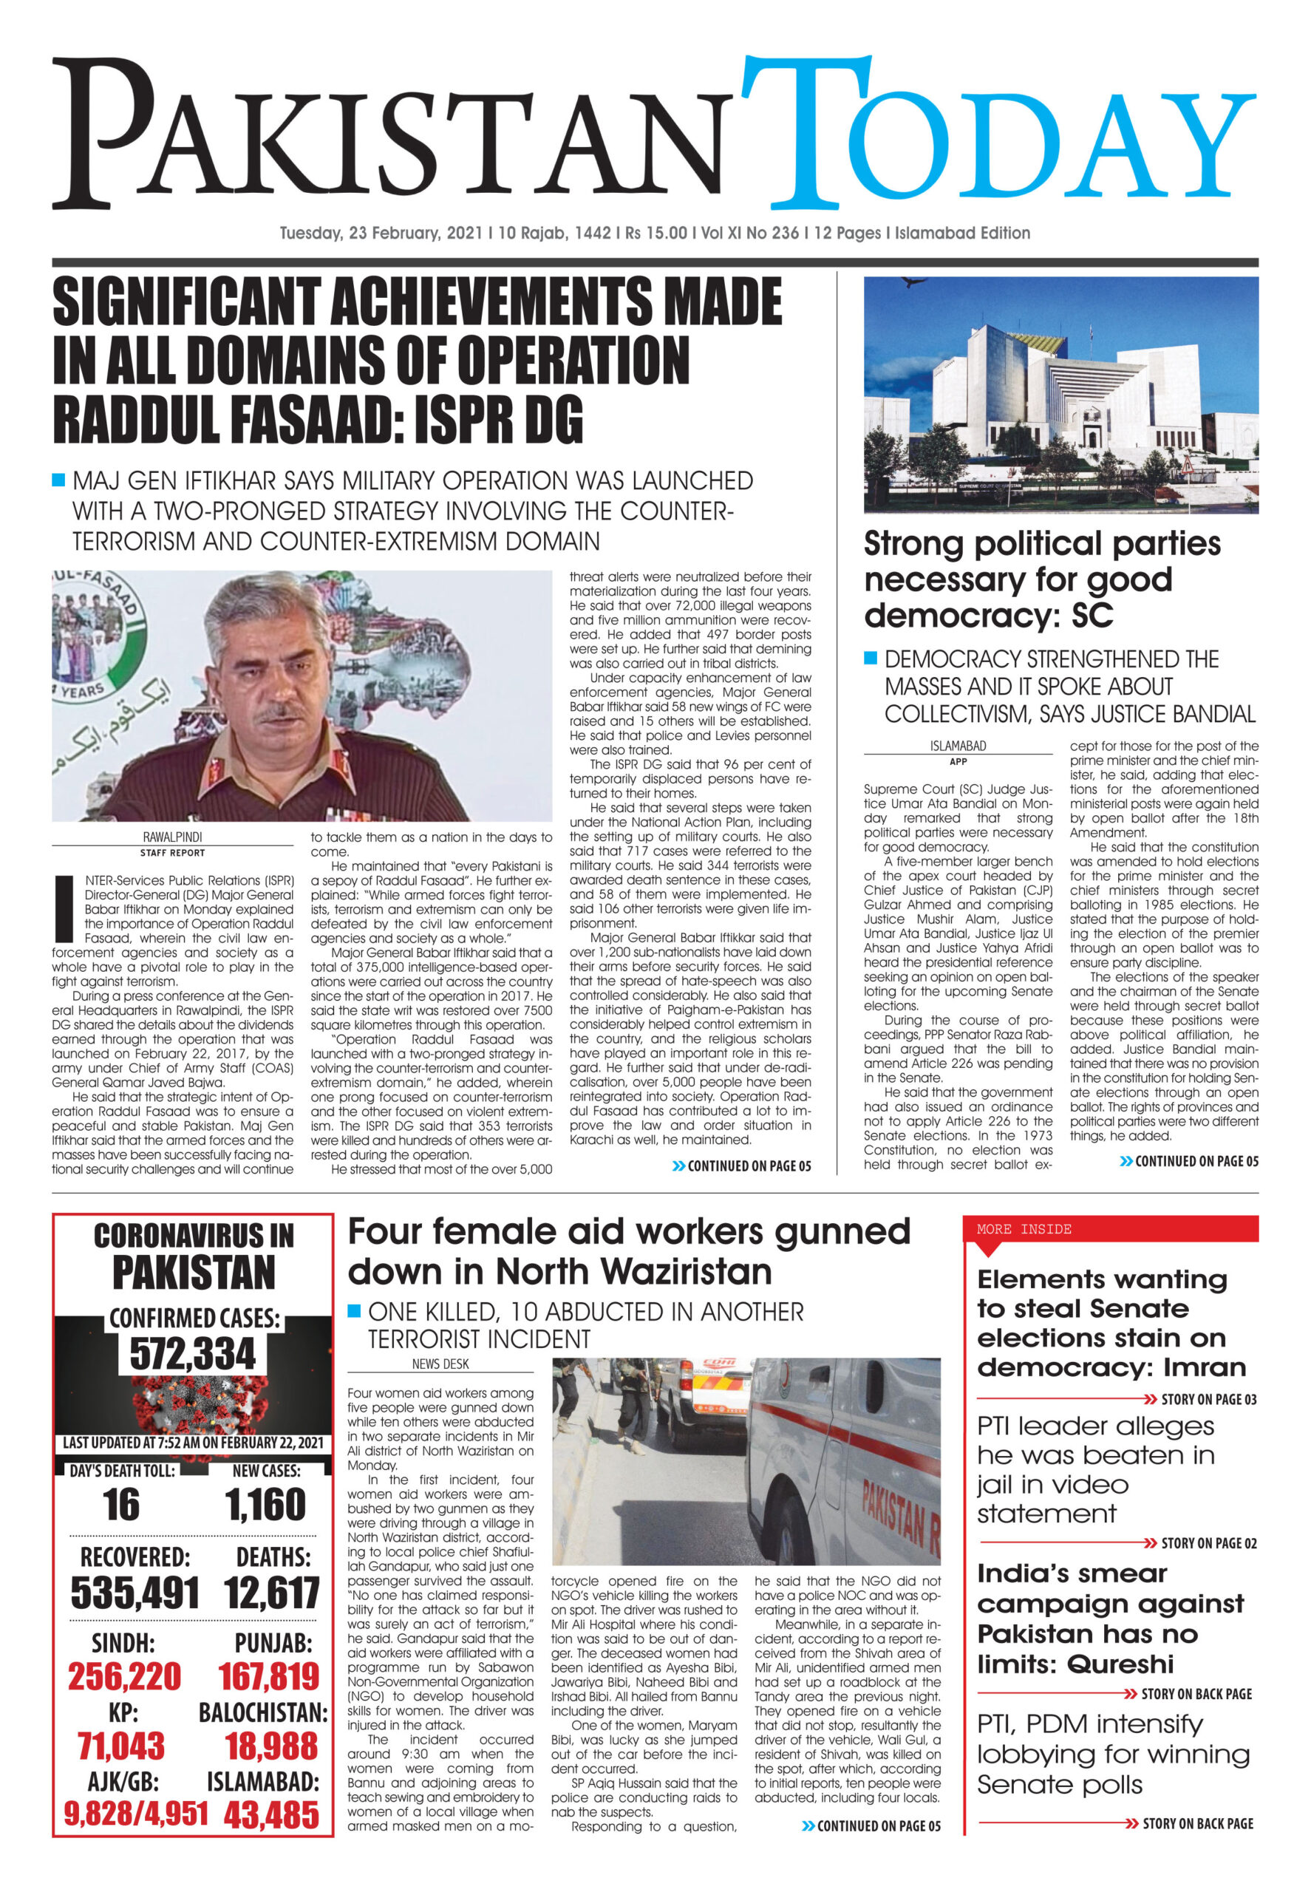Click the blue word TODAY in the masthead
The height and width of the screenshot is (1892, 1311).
click(998, 135)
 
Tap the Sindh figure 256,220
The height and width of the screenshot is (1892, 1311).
click(124, 1677)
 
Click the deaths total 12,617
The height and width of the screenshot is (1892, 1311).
click(272, 1593)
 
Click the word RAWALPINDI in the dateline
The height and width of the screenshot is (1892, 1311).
click(172, 837)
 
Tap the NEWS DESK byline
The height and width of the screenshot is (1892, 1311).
click(440, 1364)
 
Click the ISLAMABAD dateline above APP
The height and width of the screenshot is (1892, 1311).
click(958, 746)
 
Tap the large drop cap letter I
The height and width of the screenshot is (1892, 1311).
click(64, 908)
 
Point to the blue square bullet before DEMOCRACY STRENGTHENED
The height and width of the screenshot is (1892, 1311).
click(871, 658)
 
